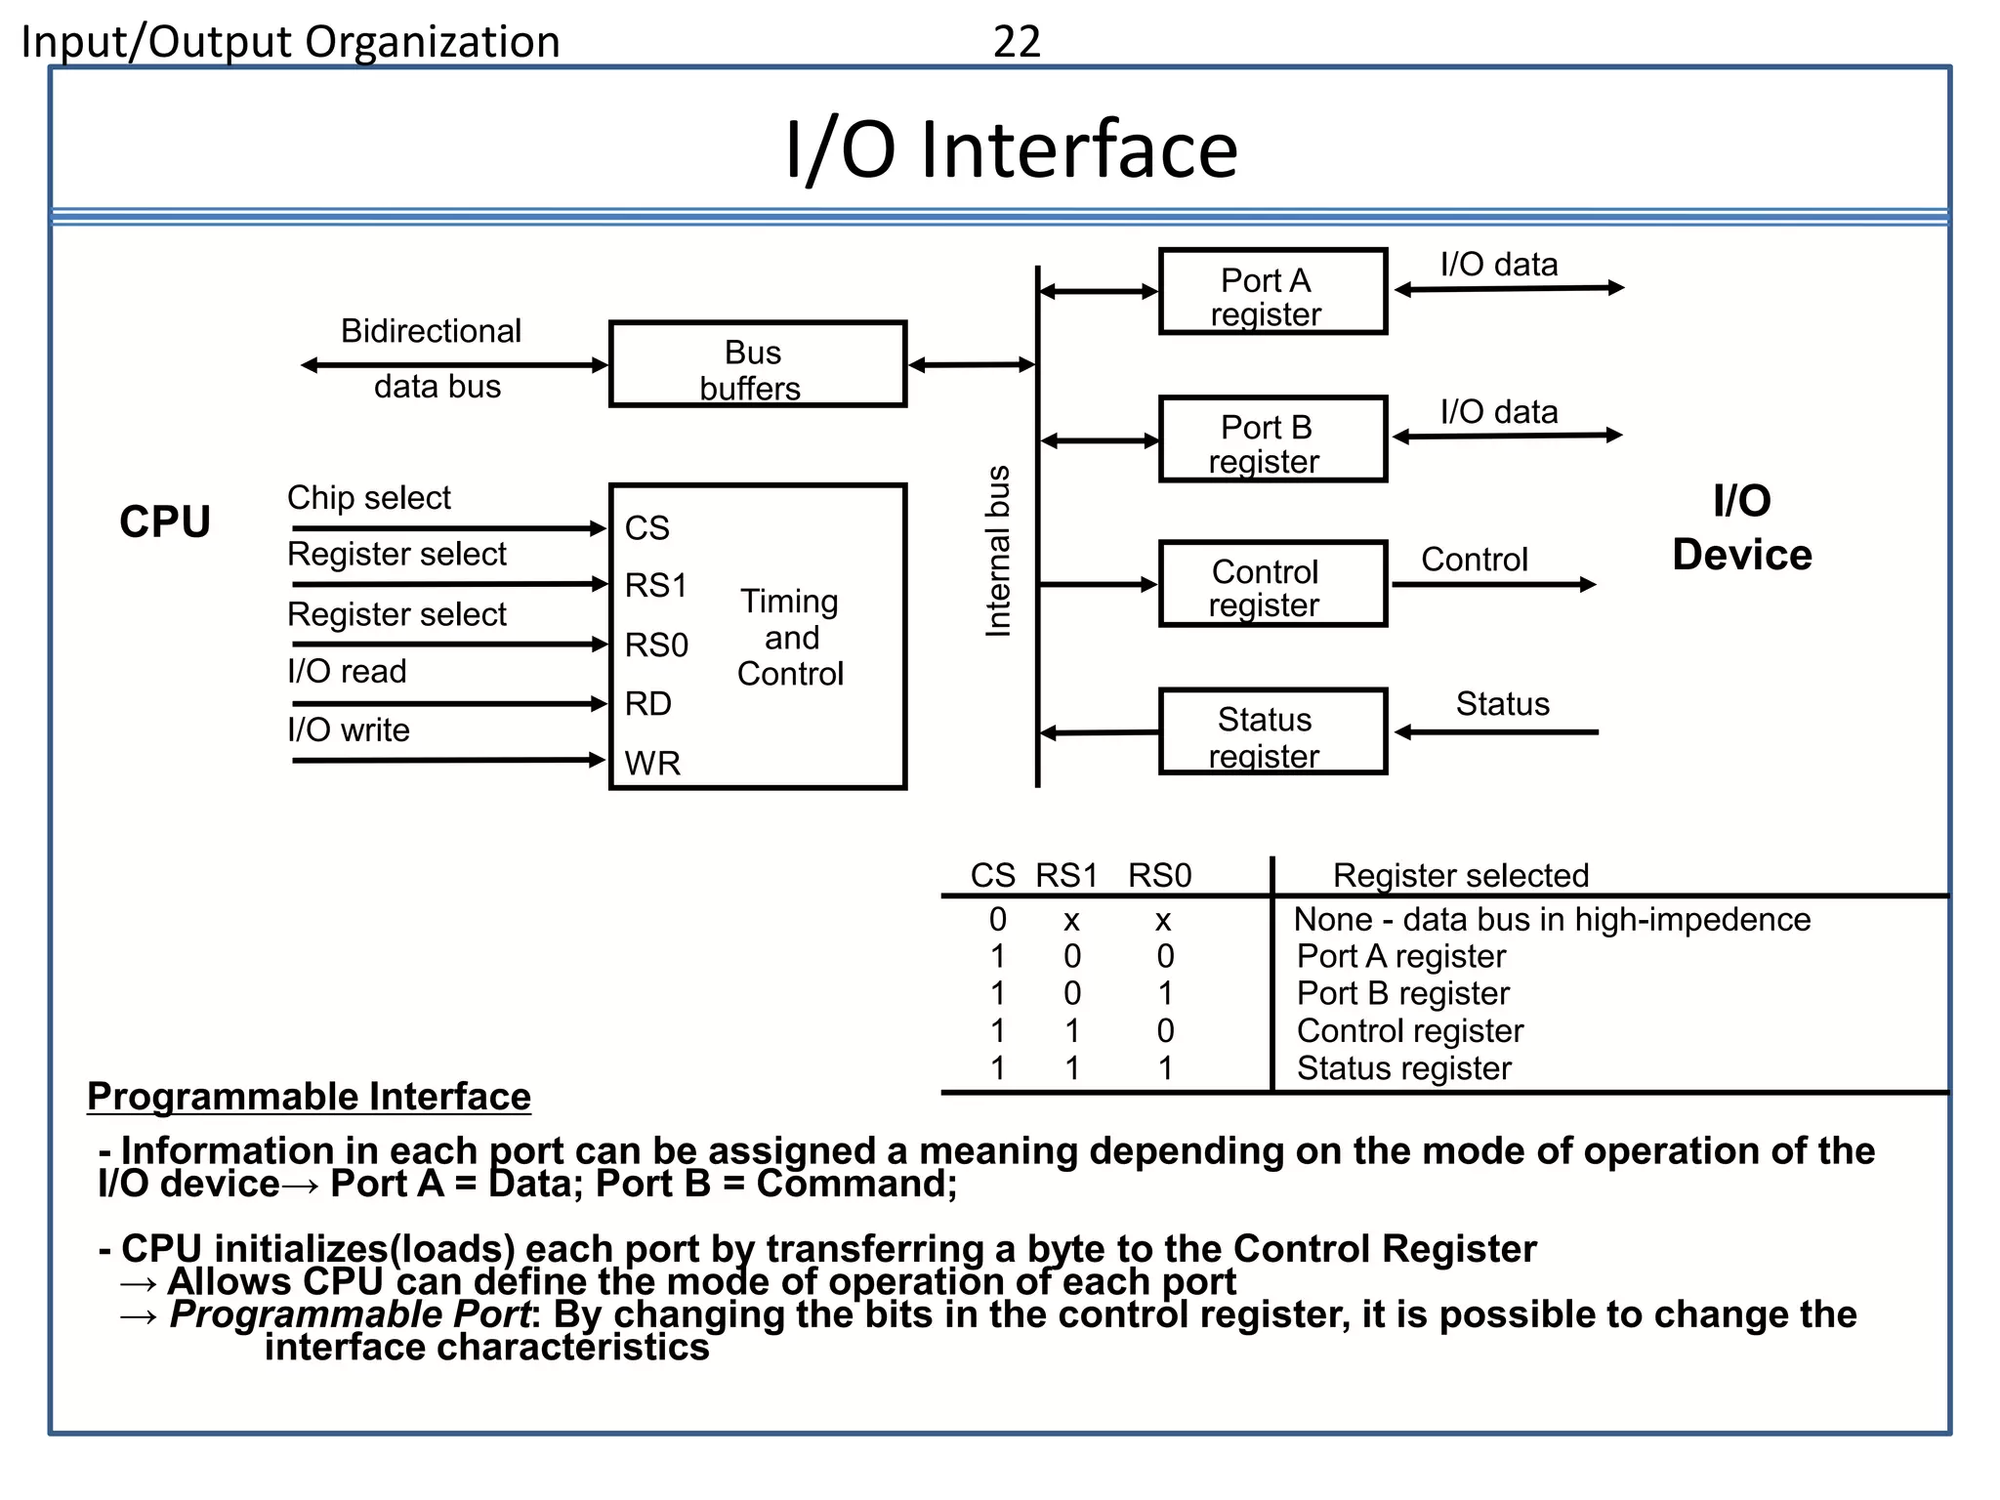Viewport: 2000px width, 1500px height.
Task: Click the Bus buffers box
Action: (757, 364)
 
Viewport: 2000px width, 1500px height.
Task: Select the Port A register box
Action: (1271, 292)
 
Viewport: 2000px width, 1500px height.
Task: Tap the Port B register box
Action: (1271, 439)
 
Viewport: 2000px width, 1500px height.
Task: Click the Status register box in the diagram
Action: (1271, 732)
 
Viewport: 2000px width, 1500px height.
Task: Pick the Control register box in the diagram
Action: (1271, 584)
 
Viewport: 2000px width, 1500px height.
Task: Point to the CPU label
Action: (165, 521)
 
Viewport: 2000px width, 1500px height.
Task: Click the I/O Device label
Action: (1741, 528)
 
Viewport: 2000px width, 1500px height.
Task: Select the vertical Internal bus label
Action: (997, 552)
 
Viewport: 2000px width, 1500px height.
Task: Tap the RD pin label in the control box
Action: (648, 704)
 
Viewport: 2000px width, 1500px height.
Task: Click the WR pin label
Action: (652, 763)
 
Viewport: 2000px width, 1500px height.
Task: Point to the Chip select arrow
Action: (449, 528)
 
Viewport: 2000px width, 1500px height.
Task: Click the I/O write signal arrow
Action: (449, 760)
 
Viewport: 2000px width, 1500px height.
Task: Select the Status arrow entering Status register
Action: (1497, 731)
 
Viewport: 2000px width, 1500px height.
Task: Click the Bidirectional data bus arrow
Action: (454, 365)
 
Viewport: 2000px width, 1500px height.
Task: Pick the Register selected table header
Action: (1461, 875)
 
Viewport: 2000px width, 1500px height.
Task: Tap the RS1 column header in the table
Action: (1066, 875)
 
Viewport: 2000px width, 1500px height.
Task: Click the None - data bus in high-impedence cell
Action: (1552, 920)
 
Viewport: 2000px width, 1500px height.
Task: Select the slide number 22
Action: (1017, 42)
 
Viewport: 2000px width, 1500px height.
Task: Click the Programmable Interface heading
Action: (309, 1097)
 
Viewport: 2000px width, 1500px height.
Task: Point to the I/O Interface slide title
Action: (1012, 149)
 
